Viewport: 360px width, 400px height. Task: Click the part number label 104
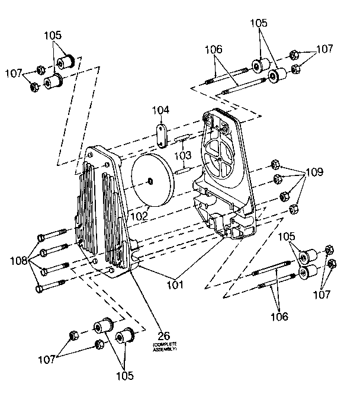click(161, 110)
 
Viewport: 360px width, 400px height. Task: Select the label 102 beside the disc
click(140, 209)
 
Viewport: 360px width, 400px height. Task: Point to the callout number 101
click(175, 284)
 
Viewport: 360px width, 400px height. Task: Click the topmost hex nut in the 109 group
click(274, 164)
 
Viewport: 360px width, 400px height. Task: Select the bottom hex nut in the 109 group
click(292, 209)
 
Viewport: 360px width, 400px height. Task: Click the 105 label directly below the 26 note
click(124, 376)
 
